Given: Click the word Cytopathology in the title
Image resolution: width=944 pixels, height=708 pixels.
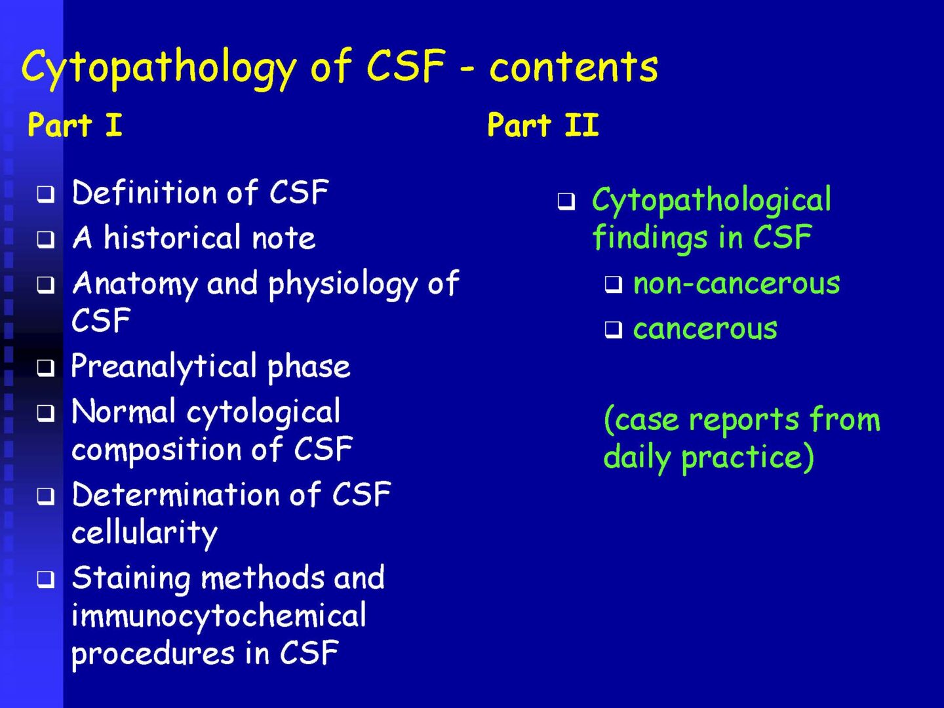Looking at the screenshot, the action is point(159,69).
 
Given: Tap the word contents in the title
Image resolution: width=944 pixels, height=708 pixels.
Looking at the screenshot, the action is point(574,67).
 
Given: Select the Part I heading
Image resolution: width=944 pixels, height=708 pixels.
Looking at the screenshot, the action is point(75,125).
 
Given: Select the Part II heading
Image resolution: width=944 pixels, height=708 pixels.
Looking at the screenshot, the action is point(543,125).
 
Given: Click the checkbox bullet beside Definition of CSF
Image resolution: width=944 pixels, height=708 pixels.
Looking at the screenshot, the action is point(46,194).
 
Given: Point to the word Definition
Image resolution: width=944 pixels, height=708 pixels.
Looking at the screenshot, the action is point(144,192).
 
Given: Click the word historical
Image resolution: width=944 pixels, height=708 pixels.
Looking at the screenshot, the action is point(172,237).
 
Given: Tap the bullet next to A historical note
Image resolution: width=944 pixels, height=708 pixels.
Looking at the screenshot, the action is point(46,240).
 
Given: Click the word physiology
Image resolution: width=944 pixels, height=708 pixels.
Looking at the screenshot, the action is point(344,285).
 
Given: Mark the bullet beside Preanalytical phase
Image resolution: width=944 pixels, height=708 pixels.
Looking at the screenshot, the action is point(46,368).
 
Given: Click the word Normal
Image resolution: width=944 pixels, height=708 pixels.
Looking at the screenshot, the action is point(124,412).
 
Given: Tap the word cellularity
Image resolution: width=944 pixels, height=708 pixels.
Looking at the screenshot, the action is point(144,534).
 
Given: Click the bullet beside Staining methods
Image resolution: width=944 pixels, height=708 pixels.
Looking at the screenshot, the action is point(46,579).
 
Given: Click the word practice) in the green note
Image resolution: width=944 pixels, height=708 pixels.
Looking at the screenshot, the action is point(748,458).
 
